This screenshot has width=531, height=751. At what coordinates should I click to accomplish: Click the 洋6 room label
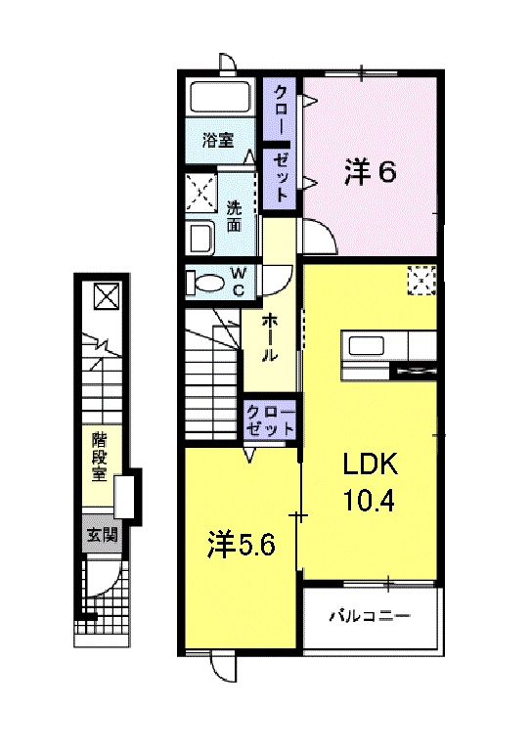click(x=369, y=173)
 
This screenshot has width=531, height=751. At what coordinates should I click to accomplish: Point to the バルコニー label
click(x=369, y=617)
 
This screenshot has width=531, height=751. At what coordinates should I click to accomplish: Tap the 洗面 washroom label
click(x=235, y=215)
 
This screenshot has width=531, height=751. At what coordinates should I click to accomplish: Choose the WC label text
click(x=239, y=282)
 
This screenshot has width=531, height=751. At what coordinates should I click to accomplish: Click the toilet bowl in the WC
click(x=206, y=283)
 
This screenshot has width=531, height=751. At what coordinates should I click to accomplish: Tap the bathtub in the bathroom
click(x=221, y=99)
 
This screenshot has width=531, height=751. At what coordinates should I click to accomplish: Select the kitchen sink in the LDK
click(x=368, y=346)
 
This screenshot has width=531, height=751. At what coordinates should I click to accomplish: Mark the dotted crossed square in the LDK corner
click(x=421, y=281)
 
